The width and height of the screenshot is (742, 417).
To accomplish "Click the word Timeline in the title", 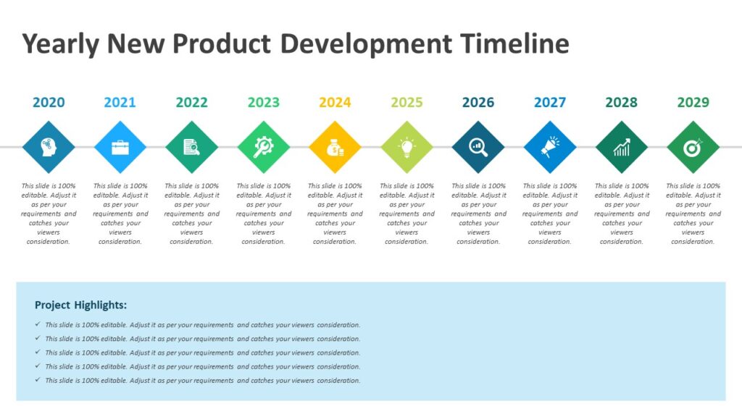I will [x=514, y=44].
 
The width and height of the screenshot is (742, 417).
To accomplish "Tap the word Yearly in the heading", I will [x=61, y=44].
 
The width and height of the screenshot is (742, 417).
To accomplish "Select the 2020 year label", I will [x=49, y=102].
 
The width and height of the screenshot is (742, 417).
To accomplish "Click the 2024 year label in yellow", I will [x=335, y=102].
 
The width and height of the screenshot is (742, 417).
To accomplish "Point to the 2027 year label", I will [x=550, y=102].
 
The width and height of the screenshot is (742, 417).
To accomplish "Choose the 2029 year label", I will [x=693, y=102].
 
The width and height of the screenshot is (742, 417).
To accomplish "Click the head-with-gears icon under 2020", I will [x=49, y=147].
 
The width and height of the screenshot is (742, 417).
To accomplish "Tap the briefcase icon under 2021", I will [x=120, y=147].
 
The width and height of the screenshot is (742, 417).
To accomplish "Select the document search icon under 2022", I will [x=191, y=147].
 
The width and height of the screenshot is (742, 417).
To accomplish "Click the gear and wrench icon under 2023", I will [x=263, y=147].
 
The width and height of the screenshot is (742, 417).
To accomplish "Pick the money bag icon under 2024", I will [x=335, y=147].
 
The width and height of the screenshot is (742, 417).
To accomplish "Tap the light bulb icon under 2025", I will [x=407, y=147].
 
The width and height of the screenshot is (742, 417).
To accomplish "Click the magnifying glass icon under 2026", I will [x=478, y=147].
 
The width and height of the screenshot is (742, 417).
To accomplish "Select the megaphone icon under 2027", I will [x=550, y=147].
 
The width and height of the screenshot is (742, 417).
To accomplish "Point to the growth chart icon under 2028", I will [x=622, y=147].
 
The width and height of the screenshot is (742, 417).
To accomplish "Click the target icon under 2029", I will [x=693, y=147].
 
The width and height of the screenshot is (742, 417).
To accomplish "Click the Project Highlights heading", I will [x=80, y=305].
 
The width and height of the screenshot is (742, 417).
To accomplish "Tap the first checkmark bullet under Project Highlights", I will [x=38, y=325].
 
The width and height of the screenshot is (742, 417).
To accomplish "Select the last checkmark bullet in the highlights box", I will [x=38, y=380].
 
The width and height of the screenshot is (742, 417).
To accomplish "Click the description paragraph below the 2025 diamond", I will [x=407, y=214].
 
